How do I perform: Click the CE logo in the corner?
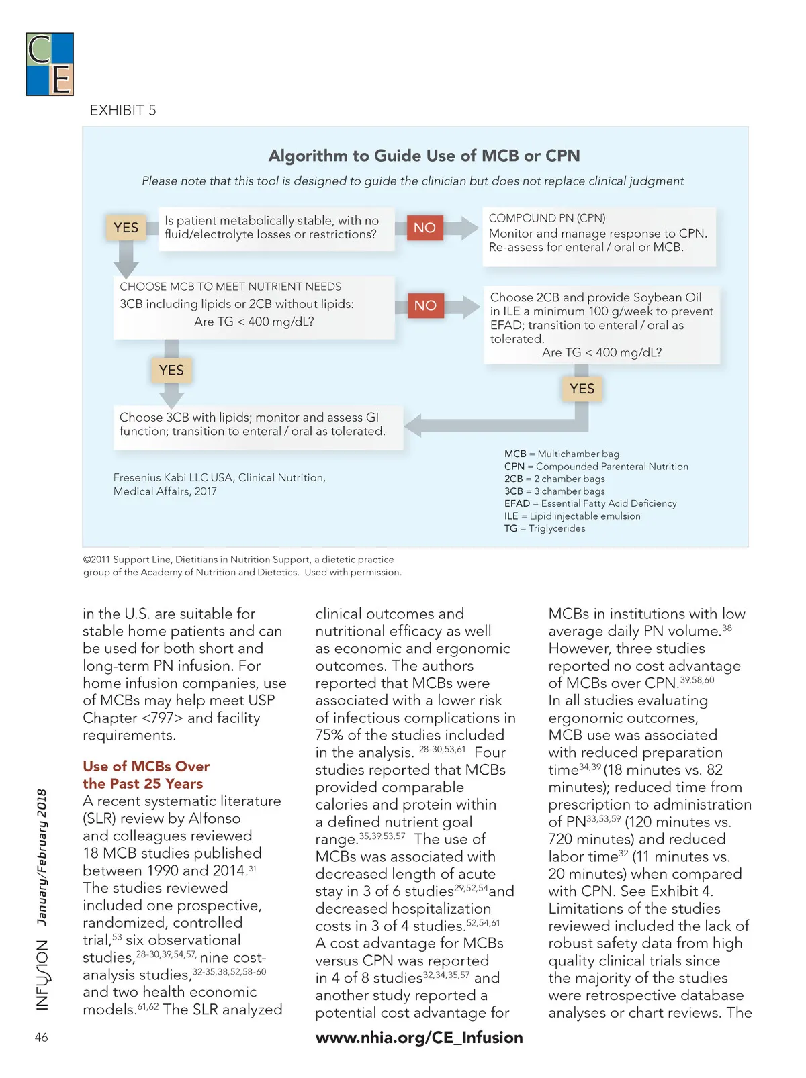[50, 64]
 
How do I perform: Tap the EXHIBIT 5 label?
[123, 110]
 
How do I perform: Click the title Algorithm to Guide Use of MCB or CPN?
[424, 156]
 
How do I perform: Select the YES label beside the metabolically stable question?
[126, 228]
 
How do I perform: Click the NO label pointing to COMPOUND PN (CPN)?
[424, 228]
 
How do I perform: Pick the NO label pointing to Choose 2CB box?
[425, 305]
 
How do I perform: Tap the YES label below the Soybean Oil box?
[582, 389]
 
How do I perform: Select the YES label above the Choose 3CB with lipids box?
[171, 370]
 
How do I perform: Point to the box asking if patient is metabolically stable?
[276, 228]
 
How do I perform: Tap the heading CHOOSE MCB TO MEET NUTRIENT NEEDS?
[230, 287]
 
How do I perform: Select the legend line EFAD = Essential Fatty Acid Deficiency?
[590, 503]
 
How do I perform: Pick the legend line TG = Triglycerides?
[545, 528]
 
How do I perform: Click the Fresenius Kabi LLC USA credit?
[219, 484]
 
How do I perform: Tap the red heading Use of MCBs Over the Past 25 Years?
[146, 775]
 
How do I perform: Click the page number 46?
[42, 1037]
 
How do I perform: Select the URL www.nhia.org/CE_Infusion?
[419, 1037]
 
